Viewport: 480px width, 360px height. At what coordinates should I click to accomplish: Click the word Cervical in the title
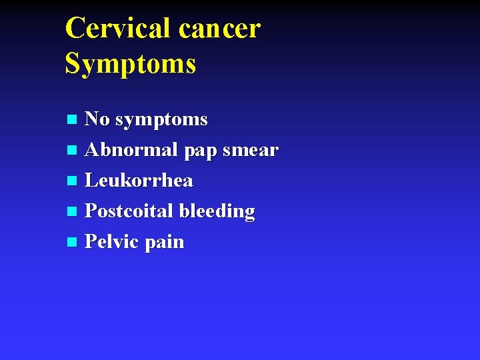[117, 29]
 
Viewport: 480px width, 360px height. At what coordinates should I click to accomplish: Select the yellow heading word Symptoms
[131, 65]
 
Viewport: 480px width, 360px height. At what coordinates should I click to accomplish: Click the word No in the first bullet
[97, 119]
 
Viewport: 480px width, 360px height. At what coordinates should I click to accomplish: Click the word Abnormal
[131, 150]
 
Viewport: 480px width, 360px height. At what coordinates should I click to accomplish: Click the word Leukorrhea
[139, 181]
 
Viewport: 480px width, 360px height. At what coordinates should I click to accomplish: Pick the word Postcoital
[129, 211]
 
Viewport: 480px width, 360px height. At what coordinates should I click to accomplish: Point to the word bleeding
[217, 212]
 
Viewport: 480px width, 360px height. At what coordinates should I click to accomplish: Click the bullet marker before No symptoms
[73, 121]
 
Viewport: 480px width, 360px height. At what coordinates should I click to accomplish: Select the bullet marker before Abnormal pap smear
[73, 151]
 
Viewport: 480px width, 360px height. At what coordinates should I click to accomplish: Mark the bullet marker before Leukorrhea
[73, 181]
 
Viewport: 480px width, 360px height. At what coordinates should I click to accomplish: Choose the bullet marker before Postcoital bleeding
[73, 212]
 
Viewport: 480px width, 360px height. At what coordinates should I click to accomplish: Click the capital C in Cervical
[75, 29]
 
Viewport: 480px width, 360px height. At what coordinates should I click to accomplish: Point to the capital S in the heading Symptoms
[73, 63]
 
